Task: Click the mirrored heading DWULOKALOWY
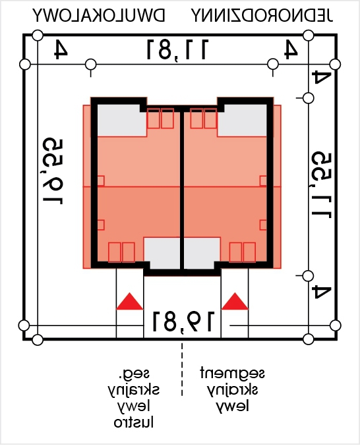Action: tap(99, 15)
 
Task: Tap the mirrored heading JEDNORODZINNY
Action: tap(262, 15)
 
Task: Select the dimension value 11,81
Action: tap(177, 50)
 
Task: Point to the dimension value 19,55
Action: tap(53, 171)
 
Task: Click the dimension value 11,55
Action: tap(322, 185)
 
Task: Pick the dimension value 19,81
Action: tap(183, 322)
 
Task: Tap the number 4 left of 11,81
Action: tap(61, 49)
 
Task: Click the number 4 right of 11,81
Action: tap(291, 49)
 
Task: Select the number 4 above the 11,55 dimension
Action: tap(322, 77)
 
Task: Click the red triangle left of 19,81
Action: tap(129, 301)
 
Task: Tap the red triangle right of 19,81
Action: tap(235, 301)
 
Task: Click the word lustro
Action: tap(134, 422)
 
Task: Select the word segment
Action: tap(232, 373)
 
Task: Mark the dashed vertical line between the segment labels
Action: tap(182, 370)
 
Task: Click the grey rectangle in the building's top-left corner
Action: tap(122, 121)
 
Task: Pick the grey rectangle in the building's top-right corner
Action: tap(242, 121)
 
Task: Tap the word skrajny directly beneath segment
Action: tap(232, 390)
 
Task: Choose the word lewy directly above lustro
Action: tap(134, 406)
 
